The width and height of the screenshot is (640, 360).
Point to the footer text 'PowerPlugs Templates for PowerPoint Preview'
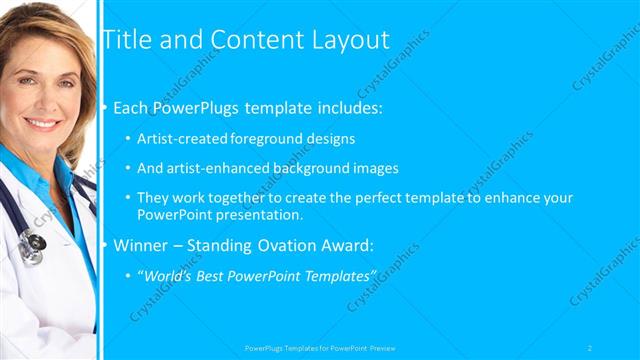pos(320,347)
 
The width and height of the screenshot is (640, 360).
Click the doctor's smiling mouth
pos(42,123)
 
